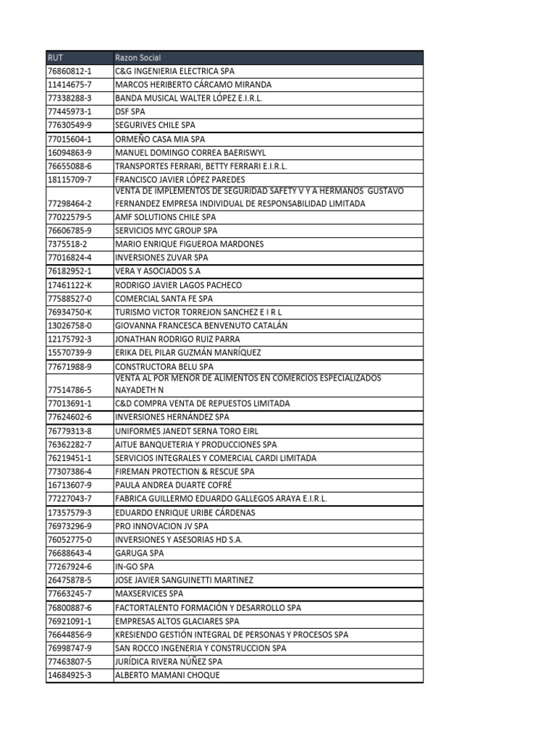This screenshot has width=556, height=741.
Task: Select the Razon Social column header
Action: pos(138,57)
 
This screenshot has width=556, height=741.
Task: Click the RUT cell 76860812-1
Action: pos(69,71)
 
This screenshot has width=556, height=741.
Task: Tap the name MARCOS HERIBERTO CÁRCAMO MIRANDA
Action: pos(193,85)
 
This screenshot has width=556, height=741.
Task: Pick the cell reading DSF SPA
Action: pos(130,111)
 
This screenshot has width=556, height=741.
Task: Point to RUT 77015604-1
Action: pos(69,138)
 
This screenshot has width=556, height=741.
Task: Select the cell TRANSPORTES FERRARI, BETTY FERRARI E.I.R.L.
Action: pos(201,166)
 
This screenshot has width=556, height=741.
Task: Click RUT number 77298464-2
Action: pos(69,204)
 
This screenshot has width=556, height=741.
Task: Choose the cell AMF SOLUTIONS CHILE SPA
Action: pos(165,217)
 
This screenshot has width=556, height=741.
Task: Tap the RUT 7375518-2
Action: pos(67,244)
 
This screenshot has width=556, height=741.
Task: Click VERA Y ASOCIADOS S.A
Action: pos(156,271)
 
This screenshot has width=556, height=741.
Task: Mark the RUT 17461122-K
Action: pos(69,285)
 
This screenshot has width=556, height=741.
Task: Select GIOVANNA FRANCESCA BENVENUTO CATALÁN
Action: pos(201,326)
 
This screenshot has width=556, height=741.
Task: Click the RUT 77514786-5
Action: pos(69,389)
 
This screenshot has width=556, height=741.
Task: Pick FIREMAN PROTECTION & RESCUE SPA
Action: pos(185,471)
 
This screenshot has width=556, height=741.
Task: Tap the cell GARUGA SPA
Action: pos(140,553)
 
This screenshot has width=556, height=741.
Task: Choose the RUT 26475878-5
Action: pos(69,580)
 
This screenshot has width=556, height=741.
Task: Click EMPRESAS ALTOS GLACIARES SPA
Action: pos(177,621)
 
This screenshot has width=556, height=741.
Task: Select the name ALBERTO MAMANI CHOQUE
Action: pos(167,675)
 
